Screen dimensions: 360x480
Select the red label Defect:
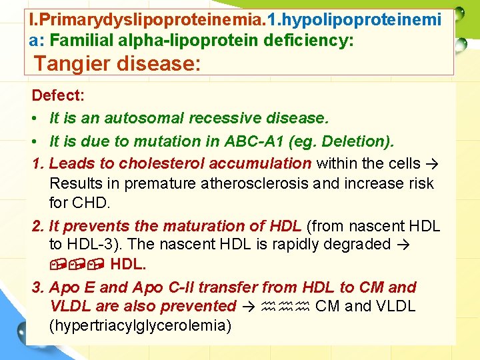click(x=58, y=95)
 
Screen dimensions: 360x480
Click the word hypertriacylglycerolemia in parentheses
click(x=140, y=326)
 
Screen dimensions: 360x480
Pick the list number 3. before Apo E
click(x=38, y=287)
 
